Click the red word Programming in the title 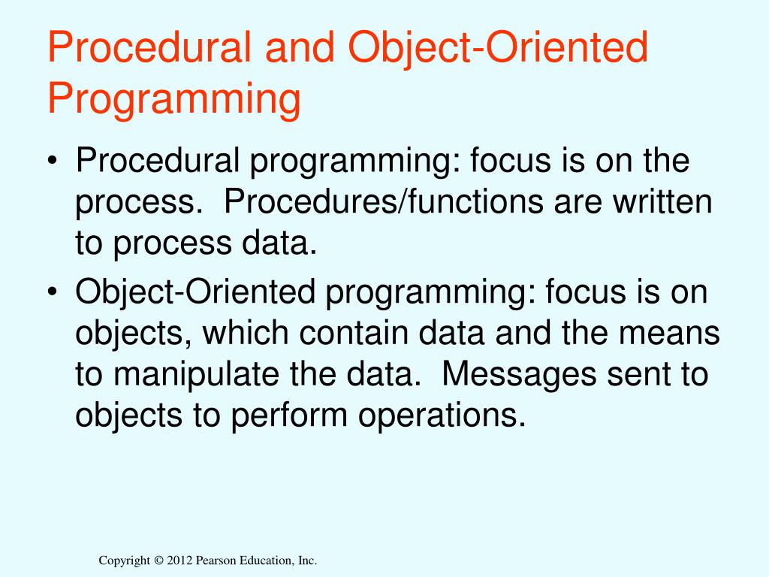pyautogui.click(x=174, y=100)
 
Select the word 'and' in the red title pyautogui.click(x=300, y=47)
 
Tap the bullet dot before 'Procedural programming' pyautogui.click(x=53, y=161)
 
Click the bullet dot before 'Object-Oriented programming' pyautogui.click(x=53, y=292)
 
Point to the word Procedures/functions pyautogui.click(x=384, y=201)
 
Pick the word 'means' pyautogui.click(x=669, y=333)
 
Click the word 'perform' pyautogui.click(x=289, y=416)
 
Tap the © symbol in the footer pyautogui.click(x=158, y=560)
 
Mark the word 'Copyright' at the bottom pyautogui.click(x=125, y=560)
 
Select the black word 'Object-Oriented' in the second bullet pyautogui.click(x=195, y=292)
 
